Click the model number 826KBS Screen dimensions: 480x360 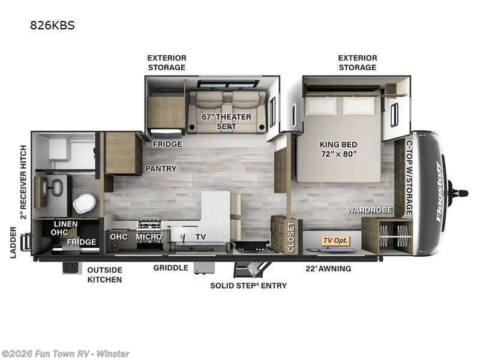52,25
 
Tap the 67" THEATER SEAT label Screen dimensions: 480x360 227,122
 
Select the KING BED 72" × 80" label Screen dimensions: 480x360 338,149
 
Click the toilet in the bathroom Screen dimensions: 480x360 84,203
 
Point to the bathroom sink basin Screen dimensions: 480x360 57,187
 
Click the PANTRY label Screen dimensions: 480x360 161,169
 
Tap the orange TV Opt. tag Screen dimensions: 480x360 335,241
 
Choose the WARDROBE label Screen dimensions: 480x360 370,210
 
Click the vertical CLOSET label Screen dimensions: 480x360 291,237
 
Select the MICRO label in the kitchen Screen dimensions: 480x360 149,236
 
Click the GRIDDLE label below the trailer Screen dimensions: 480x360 171,268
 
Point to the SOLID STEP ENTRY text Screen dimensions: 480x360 248,286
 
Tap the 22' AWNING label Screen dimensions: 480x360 328,269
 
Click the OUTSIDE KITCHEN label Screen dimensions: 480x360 104,275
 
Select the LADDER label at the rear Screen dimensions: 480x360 13,242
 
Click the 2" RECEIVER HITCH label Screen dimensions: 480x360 23,182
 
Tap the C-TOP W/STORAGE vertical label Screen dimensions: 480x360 409,178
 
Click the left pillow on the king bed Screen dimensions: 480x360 320,106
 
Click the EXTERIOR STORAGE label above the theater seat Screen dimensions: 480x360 167,63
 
